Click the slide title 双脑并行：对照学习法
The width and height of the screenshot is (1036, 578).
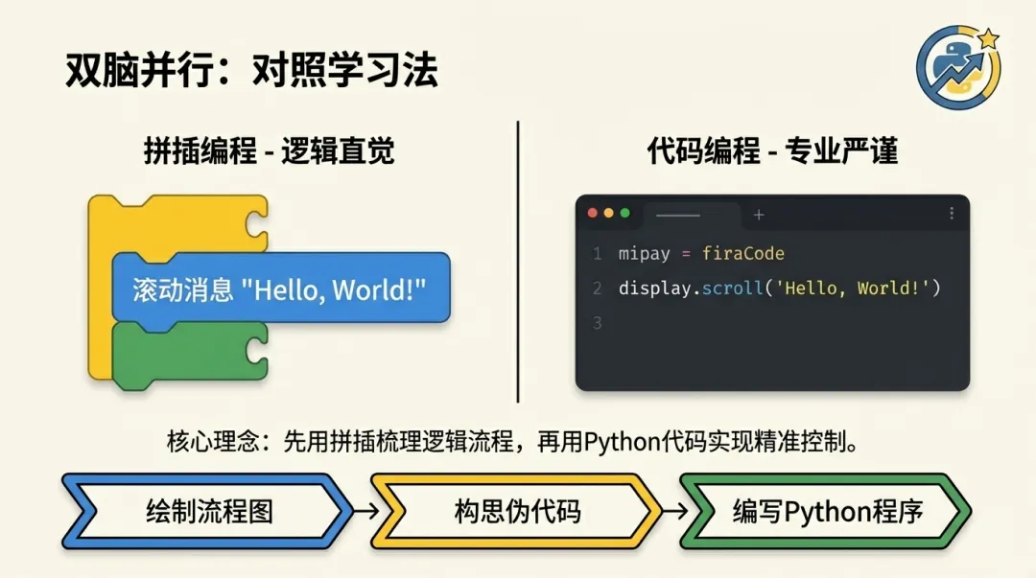click(251, 71)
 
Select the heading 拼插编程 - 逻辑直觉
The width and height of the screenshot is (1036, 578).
click(269, 151)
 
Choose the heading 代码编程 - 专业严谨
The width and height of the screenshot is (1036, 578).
click(772, 151)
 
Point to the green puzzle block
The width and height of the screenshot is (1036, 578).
click(187, 355)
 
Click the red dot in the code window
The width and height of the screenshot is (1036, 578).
click(592, 213)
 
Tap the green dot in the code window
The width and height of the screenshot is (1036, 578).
click(624, 213)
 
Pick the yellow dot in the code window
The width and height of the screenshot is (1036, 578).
click(608, 213)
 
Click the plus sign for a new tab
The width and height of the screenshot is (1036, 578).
click(759, 215)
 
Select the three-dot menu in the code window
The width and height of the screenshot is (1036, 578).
click(952, 213)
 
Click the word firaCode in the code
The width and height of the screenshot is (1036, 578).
click(743, 254)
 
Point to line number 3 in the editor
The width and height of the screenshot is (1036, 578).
click(597, 323)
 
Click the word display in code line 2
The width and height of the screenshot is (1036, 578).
click(655, 289)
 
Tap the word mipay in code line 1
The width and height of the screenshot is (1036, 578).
click(641, 254)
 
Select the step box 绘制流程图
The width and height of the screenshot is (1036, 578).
click(209, 511)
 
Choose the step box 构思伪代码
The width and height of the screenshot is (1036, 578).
click(517, 511)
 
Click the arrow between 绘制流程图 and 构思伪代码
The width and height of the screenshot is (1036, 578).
click(365, 511)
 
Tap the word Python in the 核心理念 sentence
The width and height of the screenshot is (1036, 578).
click(621, 442)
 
